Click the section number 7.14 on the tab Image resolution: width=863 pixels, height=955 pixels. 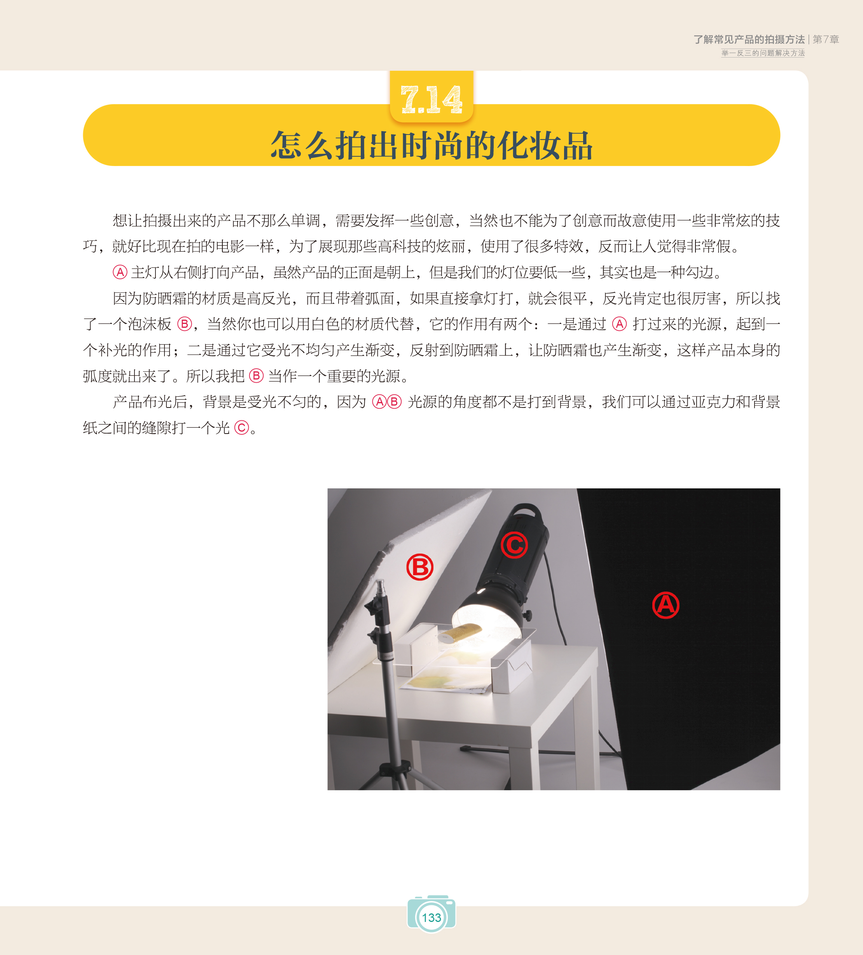pyautogui.click(x=431, y=100)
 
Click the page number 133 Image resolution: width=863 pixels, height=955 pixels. pyautogui.click(x=432, y=918)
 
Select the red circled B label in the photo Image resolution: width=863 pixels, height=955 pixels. pyautogui.click(x=420, y=567)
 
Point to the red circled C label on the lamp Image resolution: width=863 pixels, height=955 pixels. pyautogui.click(x=514, y=545)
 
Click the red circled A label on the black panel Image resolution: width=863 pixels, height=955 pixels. pyautogui.click(x=666, y=605)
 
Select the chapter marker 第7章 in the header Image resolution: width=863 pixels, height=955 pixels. pyautogui.click(x=826, y=39)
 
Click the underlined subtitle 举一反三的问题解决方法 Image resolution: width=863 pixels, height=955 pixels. pyautogui.click(x=763, y=53)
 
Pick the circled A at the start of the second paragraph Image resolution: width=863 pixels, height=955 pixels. pyautogui.click(x=120, y=272)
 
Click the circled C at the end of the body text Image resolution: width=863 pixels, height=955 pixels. pyautogui.click(x=241, y=428)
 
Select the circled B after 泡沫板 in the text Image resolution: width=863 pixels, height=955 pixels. pyautogui.click(x=184, y=324)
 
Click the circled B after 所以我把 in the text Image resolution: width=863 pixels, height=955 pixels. pyautogui.click(x=256, y=376)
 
